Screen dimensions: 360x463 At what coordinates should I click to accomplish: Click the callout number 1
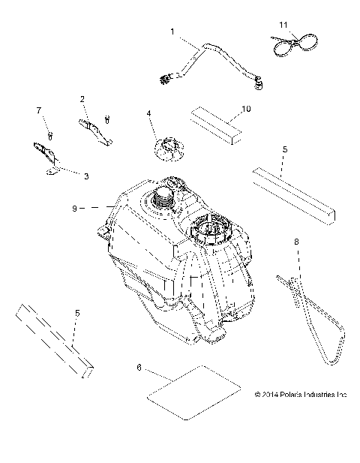(x=172, y=32)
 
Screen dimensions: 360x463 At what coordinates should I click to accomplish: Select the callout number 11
(x=283, y=25)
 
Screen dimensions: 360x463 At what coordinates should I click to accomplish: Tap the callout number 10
(x=246, y=109)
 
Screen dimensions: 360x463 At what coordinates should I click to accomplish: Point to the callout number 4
(x=149, y=113)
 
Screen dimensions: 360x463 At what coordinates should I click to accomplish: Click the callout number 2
(x=82, y=99)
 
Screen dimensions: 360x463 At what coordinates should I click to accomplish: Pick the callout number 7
(x=39, y=110)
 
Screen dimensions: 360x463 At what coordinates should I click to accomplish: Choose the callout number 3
(x=86, y=176)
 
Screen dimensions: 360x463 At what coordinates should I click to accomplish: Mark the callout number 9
(x=75, y=209)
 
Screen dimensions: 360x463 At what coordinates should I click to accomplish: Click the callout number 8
(x=296, y=242)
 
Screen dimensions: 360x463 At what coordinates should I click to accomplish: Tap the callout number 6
(x=139, y=368)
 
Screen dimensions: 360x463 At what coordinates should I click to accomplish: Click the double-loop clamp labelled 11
(x=295, y=44)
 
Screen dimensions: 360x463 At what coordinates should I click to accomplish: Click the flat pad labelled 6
(x=193, y=392)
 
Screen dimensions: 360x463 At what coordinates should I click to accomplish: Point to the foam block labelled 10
(x=216, y=125)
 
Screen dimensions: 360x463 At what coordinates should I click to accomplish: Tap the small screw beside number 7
(x=50, y=136)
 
